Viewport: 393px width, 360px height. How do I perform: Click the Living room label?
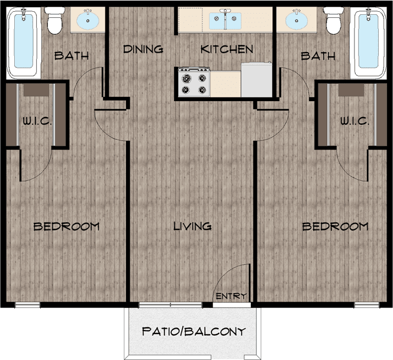tap(192, 226)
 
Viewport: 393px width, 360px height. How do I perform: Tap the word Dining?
tap(143, 49)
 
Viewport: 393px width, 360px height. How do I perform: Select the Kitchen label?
tap(227, 49)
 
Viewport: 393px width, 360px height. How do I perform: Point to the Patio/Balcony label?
tap(193, 331)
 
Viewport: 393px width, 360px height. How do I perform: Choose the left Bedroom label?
tap(66, 226)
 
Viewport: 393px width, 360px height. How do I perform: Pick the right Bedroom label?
tap(335, 226)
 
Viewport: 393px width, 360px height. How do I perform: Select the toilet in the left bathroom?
tap(56, 21)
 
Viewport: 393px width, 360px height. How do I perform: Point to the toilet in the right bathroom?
tap(333, 21)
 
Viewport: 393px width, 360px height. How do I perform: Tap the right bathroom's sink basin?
tap(298, 21)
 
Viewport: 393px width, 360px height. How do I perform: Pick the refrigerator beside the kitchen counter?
tap(256, 79)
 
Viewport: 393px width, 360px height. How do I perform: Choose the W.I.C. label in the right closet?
tap(355, 121)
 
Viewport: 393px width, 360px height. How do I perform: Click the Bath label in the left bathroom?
tap(71, 56)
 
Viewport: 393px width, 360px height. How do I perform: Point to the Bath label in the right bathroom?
tap(317, 56)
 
